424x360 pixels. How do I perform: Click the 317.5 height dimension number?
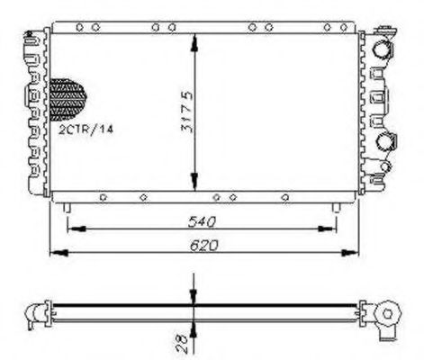click(x=184, y=113)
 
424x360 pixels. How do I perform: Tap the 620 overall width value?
click(x=202, y=244)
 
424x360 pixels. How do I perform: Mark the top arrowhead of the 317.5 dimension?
click(x=194, y=39)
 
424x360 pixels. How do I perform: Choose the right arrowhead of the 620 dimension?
click(x=352, y=252)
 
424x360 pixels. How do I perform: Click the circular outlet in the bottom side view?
click(x=390, y=314)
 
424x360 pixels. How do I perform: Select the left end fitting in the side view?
click(x=36, y=313)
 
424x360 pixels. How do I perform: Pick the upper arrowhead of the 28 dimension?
click(x=194, y=302)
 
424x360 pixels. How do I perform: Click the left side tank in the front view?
click(x=37, y=112)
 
